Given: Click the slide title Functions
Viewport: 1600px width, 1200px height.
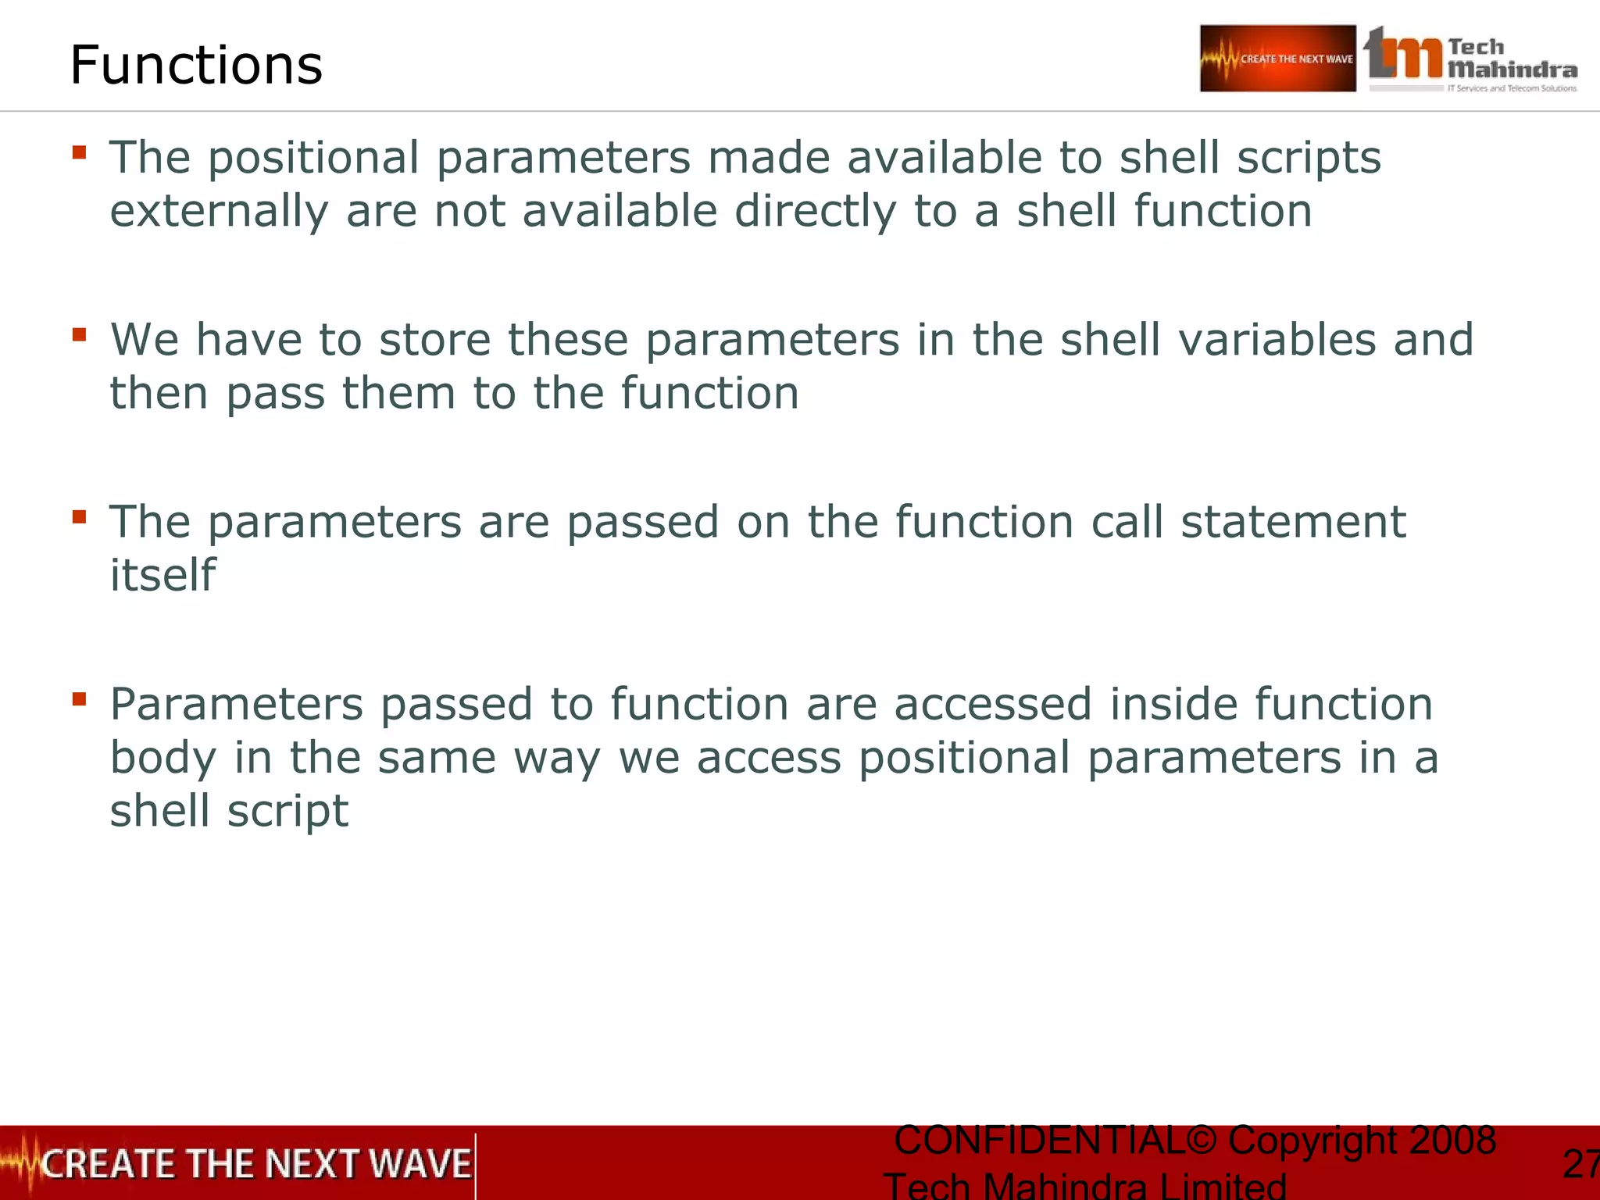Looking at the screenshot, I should coord(196,65).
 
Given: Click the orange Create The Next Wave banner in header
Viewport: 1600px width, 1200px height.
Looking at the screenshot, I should coord(1277,59).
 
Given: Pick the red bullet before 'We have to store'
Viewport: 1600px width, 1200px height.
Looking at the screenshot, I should coord(79,334).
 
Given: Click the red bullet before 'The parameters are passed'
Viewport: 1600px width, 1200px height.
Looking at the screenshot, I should coord(79,516).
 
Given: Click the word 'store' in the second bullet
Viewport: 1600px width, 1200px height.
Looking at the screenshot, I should coord(434,341).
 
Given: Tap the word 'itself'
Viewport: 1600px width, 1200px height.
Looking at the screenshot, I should coord(162,576).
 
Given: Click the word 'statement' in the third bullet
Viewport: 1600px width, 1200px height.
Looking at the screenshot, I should coord(1293,522).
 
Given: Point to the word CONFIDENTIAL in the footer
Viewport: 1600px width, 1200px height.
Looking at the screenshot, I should coord(1039,1141).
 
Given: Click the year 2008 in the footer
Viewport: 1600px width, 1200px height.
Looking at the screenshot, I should coord(1452,1141).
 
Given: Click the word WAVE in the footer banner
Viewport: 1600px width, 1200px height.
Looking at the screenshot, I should coord(420,1164).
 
